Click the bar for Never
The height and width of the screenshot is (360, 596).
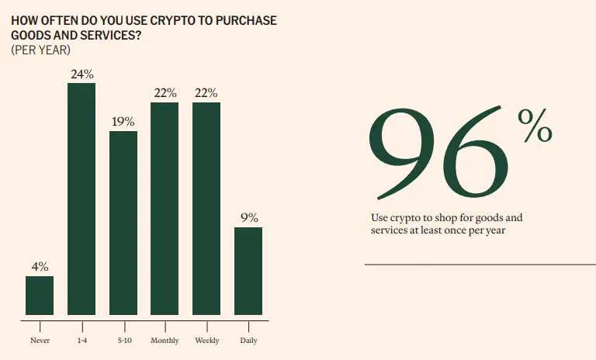coord(40,296)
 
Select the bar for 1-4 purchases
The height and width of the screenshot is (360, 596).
coord(81,199)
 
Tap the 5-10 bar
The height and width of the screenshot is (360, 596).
coord(123,223)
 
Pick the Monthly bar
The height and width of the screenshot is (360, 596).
coord(165,208)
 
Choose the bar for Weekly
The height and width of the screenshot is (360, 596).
coord(206,208)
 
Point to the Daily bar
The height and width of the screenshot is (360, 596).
coord(248,271)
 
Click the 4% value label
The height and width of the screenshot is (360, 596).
coord(40,267)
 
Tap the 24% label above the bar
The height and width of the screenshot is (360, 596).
coord(81,74)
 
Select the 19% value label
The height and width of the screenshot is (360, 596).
coord(123,122)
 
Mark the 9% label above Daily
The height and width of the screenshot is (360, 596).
coord(249,218)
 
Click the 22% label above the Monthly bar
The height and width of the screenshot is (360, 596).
coord(165,93)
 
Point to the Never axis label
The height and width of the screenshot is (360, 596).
coord(40,341)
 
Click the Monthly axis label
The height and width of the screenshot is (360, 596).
coord(165,341)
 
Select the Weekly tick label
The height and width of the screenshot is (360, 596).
coord(206,341)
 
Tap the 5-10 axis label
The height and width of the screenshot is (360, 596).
coord(123,341)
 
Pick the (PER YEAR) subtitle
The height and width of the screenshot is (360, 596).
coord(40,50)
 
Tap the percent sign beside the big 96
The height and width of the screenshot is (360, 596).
coord(535,126)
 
